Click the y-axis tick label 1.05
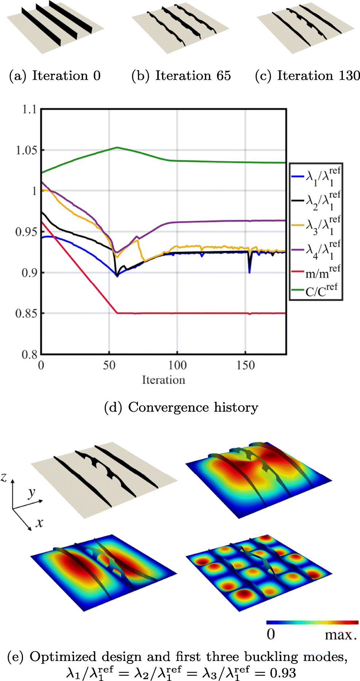pyautogui.click(x=26, y=150)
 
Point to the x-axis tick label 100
pyautogui.click(x=177, y=365)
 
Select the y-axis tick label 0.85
pyautogui.click(x=26, y=314)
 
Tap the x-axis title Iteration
pyautogui.click(x=163, y=380)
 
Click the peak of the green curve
pyautogui.click(x=117, y=147)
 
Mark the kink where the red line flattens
pyautogui.click(x=117, y=313)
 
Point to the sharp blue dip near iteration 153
pyautogui.click(x=249, y=272)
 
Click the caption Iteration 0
pyautogui.click(x=55, y=76)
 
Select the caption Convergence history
pyautogui.click(x=181, y=407)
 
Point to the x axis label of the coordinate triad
pyautogui.click(x=39, y=523)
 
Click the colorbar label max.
pyautogui.click(x=340, y=635)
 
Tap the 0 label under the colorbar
pyautogui.click(x=271, y=634)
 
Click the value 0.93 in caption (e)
pyautogui.click(x=283, y=673)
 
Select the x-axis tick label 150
pyautogui.click(x=245, y=365)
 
